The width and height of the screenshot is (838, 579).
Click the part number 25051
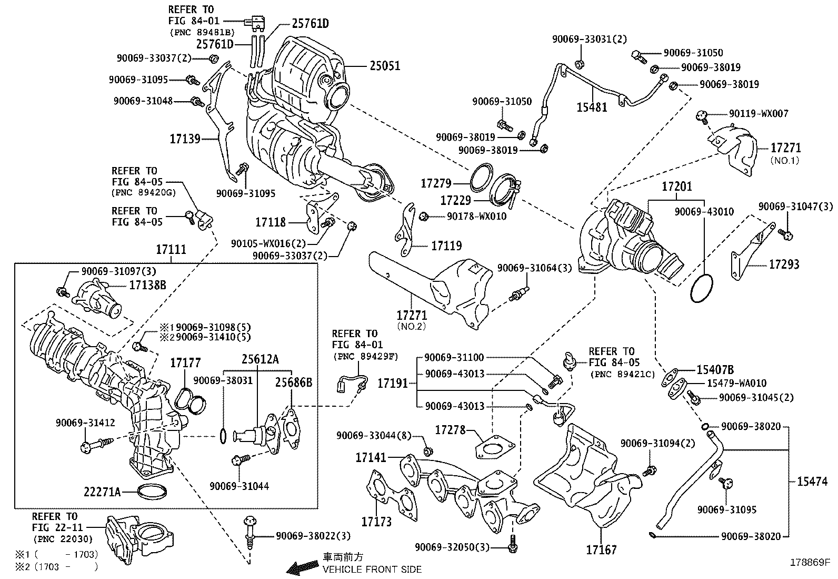coord(384,66)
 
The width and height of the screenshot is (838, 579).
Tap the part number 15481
coord(592,107)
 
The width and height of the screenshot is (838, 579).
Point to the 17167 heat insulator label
coord(601,549)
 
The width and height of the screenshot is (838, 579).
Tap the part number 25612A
coord(261,359)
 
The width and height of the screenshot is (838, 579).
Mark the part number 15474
coord(812,481)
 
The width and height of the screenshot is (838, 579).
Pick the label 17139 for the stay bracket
coord(185,139)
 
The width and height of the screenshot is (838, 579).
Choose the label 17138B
coord(148,285)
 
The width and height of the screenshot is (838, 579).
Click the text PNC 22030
coord(64,539)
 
